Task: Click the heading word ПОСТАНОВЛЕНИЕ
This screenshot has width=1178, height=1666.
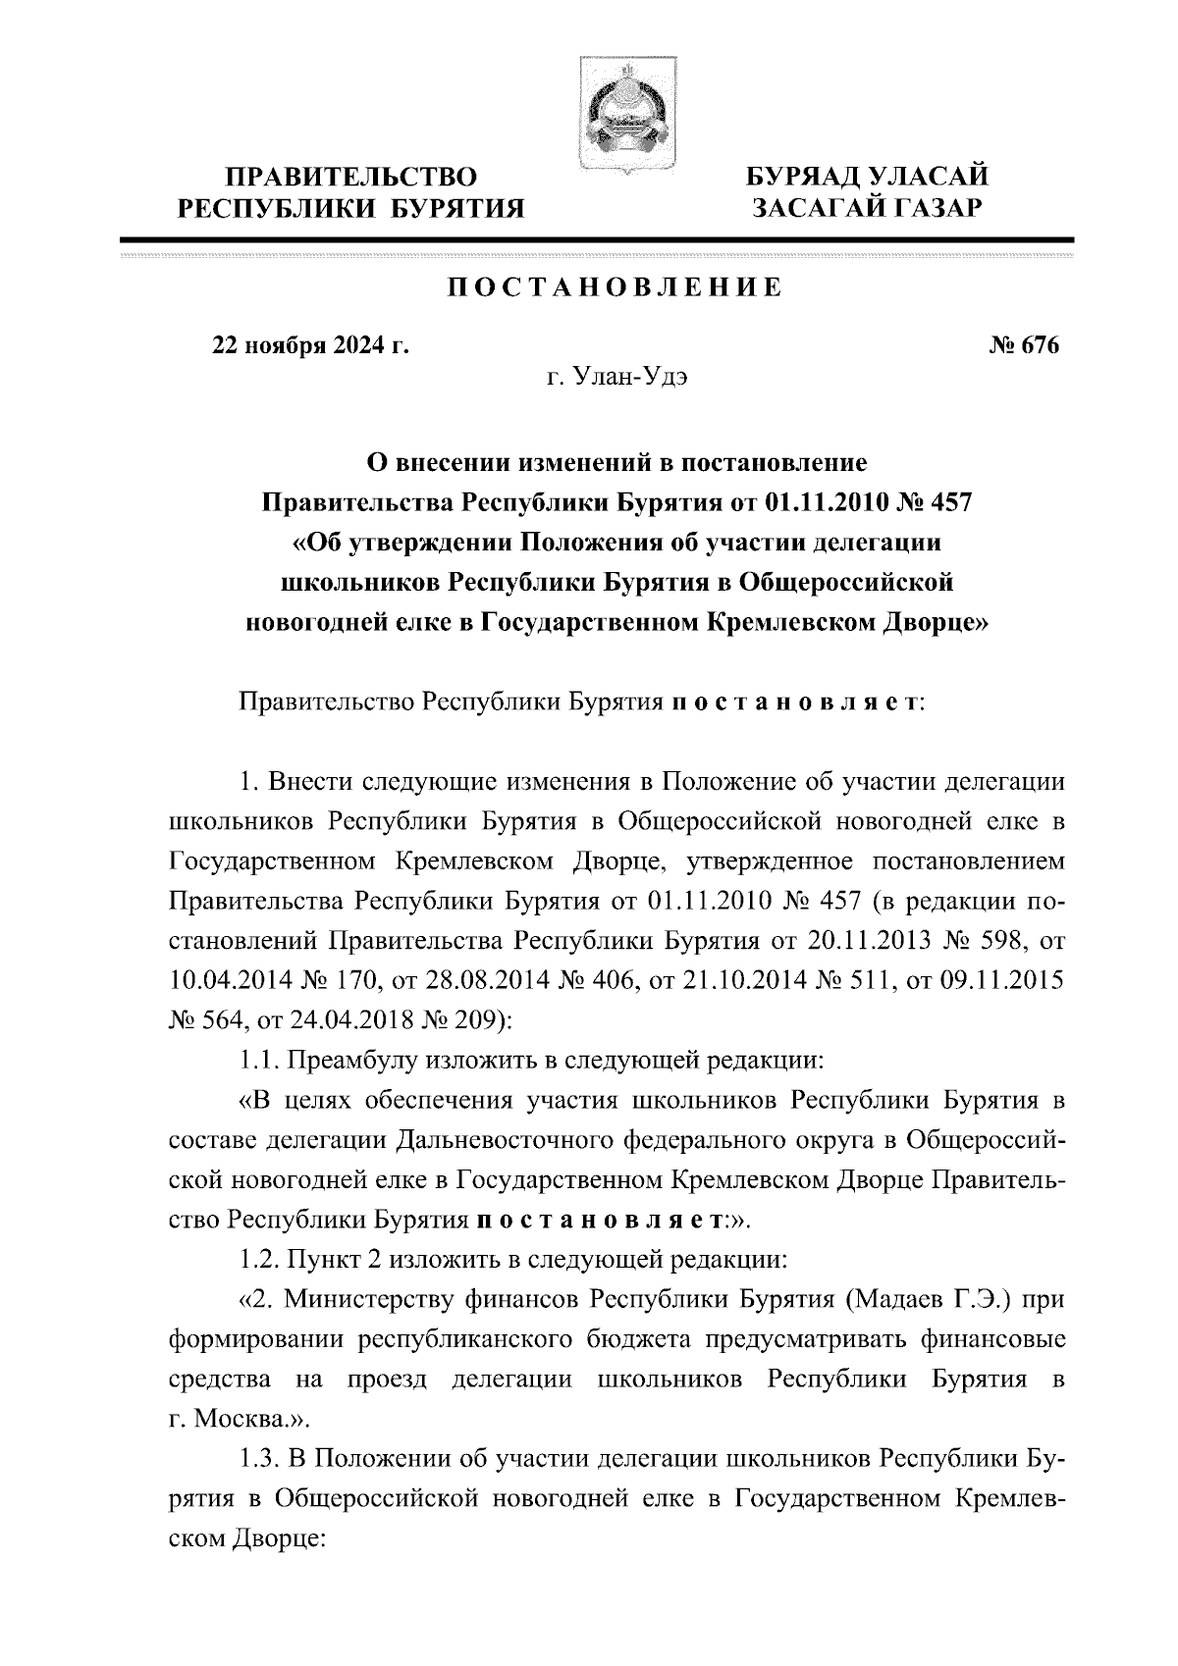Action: click(616, 287)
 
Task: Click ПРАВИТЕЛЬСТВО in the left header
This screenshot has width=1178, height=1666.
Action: click(352, 178)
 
